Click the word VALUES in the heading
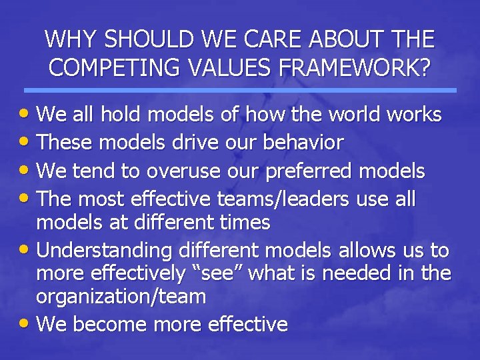pyautogui.click(x=223, y=67)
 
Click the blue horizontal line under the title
pyautogui.click(x=240, y=90)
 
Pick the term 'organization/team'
pyautogui.click(x=121, y=297)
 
